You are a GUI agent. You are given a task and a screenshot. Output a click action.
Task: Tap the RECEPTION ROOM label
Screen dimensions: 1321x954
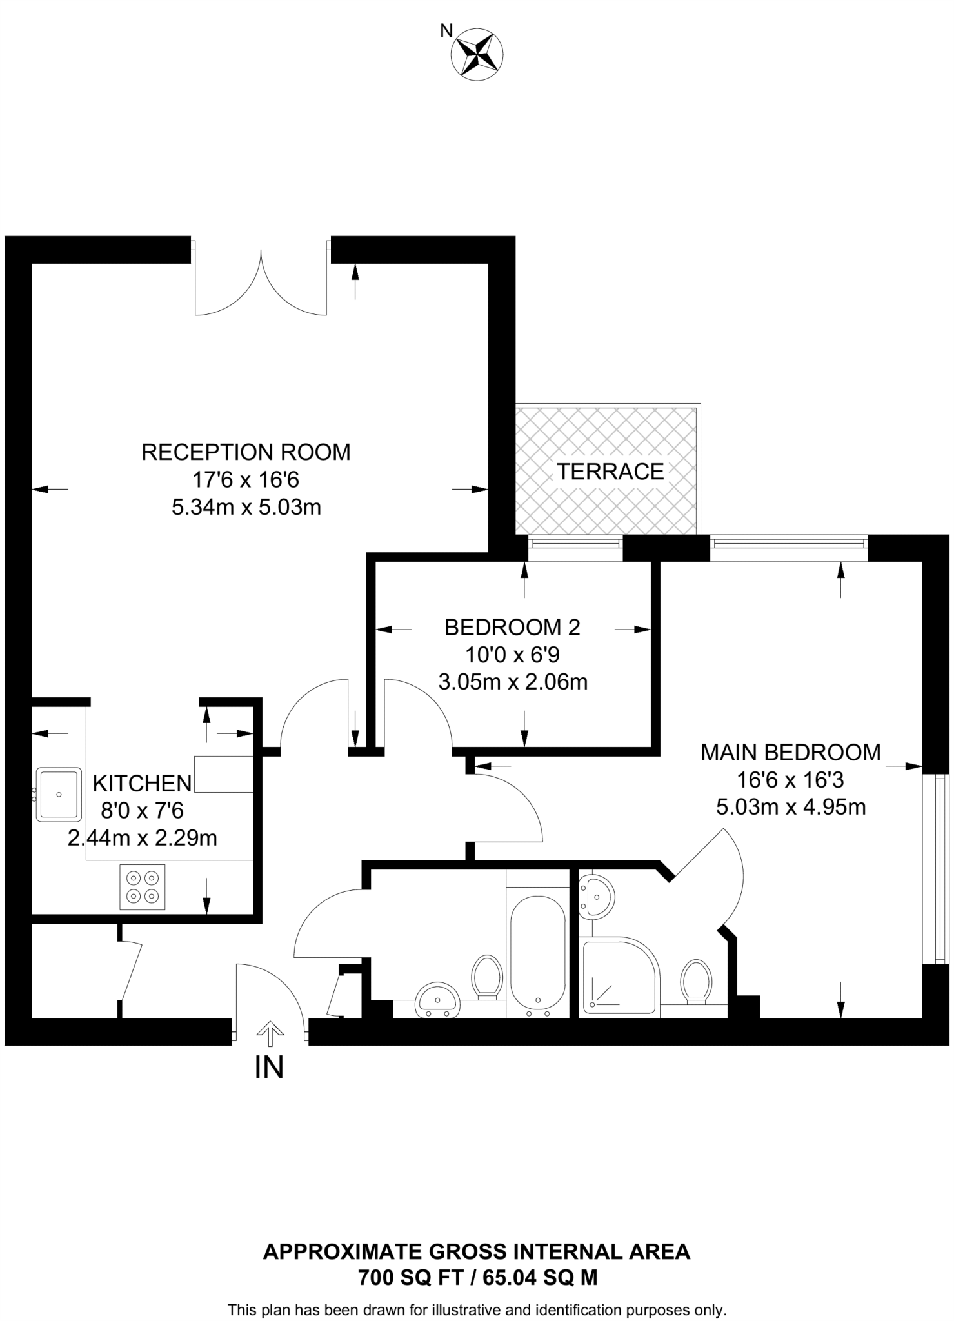[x=246, y=452]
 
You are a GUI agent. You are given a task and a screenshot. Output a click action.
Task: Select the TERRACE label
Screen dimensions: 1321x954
[x=610, y=472]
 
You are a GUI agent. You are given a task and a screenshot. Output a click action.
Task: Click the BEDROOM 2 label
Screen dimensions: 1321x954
[x=513, y=627]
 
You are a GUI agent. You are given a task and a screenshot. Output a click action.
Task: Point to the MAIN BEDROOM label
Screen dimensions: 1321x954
[x=791, y=752]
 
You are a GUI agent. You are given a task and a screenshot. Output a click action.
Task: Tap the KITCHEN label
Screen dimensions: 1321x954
[x=143, y=783]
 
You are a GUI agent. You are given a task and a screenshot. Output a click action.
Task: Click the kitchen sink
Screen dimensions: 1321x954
[x=59, y=793]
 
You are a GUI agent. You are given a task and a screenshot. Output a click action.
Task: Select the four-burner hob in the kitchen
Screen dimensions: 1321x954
[x=143, y=887]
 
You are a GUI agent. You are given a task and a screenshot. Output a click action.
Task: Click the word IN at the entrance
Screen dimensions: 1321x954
[x=269, y=1067]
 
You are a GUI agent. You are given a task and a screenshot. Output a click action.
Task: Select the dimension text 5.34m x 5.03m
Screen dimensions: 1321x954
[x=246, y=508]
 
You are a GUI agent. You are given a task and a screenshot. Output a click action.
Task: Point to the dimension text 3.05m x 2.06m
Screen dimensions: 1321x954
[x=513, y=682]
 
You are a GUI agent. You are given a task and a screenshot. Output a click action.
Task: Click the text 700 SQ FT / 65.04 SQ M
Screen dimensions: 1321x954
[x=477, y=1278]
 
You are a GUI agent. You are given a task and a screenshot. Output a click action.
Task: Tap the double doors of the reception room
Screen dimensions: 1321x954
[x=261, y=284]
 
